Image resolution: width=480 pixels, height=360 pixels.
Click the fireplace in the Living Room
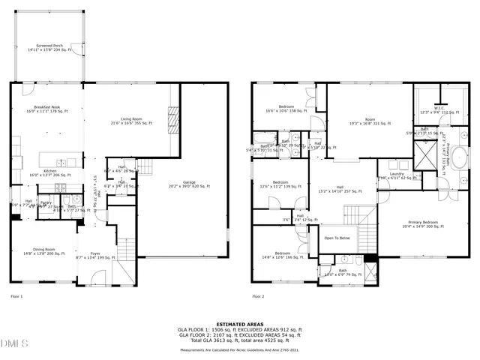[173, 119]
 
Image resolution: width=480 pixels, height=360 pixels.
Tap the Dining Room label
[43, 251]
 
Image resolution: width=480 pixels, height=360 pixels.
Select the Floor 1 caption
[16, 297]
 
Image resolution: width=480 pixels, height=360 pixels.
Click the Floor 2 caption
[258, 297]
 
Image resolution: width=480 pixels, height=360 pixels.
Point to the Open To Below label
[337, 238]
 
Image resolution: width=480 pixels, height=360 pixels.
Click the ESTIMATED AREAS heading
[239, 323]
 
